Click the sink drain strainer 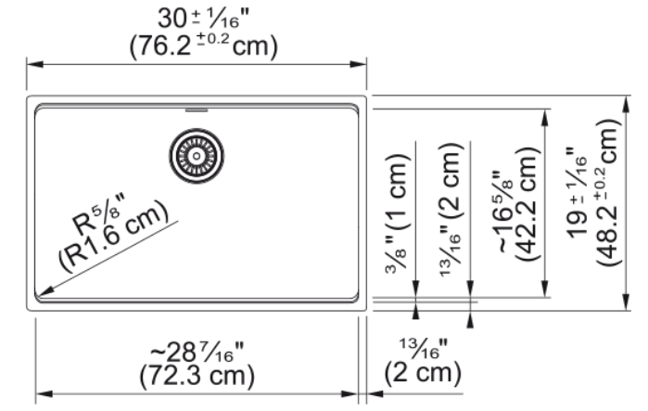point(197,156)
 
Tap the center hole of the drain point(197,156)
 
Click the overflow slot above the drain point(197,110)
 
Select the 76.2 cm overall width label point(203,45)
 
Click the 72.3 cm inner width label point(197,376)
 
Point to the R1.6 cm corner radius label point(114,238)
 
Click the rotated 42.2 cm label point(527,204)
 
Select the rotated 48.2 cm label point(607,193)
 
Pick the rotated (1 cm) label point(399,191)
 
